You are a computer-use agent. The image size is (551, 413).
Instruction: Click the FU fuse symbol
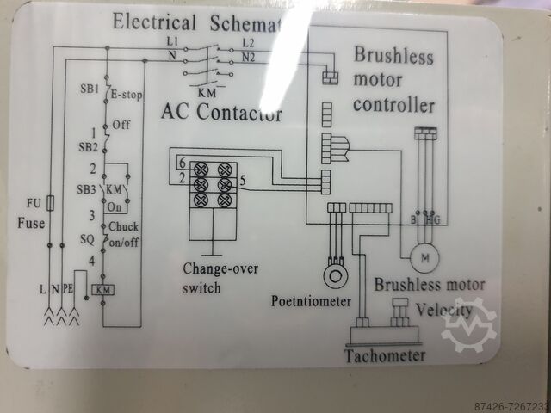54,204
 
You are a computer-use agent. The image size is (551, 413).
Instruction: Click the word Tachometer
385,355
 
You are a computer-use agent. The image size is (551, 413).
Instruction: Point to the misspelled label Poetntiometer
312,301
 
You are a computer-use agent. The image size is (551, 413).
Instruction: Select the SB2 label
90,147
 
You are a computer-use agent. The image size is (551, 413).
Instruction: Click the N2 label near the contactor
249,58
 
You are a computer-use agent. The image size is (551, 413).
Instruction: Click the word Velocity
443,309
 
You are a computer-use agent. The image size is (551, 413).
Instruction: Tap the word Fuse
30,223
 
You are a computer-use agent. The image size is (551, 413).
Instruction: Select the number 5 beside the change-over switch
244,181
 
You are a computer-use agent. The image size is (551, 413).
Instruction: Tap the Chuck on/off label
127,234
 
